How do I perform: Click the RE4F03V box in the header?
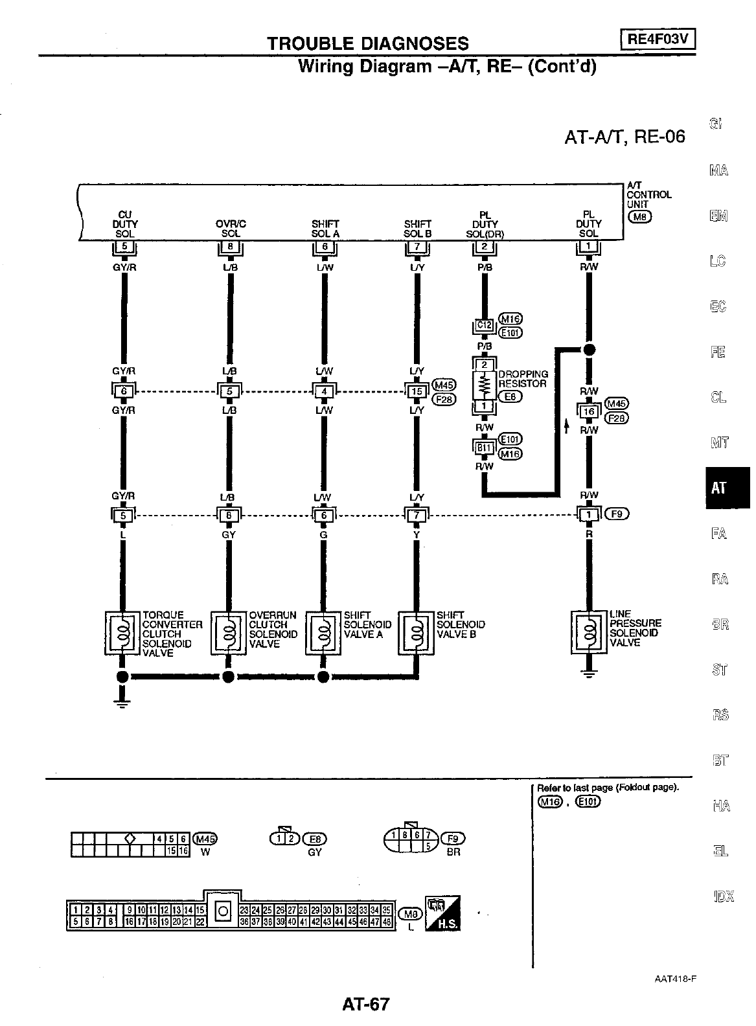(657, 40)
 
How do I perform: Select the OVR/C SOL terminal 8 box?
(230, 247)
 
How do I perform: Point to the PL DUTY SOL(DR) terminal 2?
(484, 247)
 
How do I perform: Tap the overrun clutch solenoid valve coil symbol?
(229, 632)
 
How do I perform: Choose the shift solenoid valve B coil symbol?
(416, 632)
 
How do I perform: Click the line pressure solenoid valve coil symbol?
(589, 631)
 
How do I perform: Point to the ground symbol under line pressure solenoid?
(589, 673)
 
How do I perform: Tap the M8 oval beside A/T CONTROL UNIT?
(639, 216)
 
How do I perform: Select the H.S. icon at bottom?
(443, 913)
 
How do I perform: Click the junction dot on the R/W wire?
(589, 350)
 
